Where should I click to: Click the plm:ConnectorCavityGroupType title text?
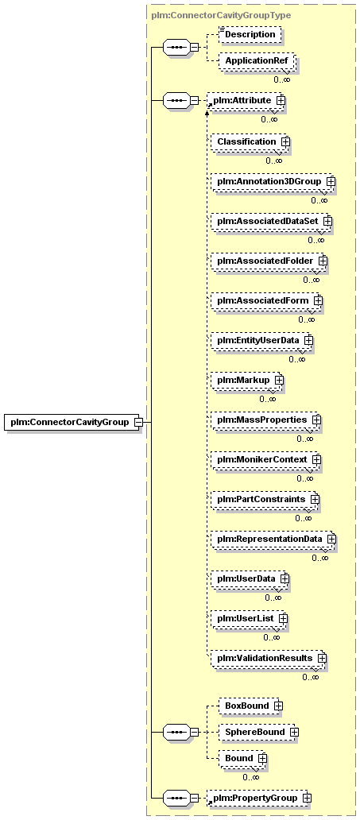pyautogui.click(x=221, y=15)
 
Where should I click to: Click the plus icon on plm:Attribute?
pyautogui.click(x=281, y=99)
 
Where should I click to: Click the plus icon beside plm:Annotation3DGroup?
pyautogui.click(x=330, y=181)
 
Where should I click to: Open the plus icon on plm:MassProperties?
pyautogui.click(x=316, y=420)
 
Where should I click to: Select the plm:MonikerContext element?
pyautogui.click(x=265, y=459)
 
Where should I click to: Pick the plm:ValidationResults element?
pyautogui.click(x=269, y=657)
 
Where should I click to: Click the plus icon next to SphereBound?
pyautogui.click(x=294, y=732)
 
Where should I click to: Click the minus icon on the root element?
pyautogui.click(x=138, y=421)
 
